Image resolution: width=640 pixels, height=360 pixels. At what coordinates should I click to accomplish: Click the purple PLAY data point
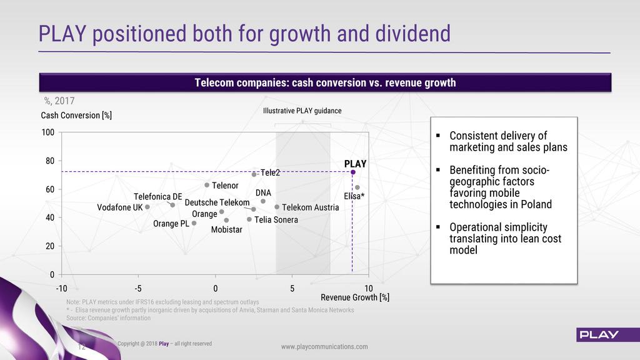tap(353, 172)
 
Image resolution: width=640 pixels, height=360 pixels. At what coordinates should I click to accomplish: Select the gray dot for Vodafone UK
tap(147, 207)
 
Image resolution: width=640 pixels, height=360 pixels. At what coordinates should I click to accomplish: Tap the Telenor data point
tap(207, 185)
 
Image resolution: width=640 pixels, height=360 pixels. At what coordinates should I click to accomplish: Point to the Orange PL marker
tap(194, 223)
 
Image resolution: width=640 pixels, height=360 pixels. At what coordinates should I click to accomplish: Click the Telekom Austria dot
tap(277, 207)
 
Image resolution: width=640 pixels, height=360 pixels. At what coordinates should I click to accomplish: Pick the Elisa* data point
tap(357, 187)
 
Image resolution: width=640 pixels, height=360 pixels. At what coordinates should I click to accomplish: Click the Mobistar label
tap(226, 230)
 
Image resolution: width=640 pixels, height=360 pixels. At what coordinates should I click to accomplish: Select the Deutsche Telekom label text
tap(217, 202)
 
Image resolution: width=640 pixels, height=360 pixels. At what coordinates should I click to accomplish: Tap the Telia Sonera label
tap(276, 219)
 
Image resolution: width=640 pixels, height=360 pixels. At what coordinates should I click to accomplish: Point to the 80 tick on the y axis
tap(50, 161)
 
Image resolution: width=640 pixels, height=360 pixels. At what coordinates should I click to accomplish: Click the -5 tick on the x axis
tap(138, 289)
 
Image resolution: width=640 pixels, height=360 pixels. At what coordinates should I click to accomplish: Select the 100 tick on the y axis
tap(47, 132)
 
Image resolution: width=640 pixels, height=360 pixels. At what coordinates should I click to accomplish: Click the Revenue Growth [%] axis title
tap(355, 297)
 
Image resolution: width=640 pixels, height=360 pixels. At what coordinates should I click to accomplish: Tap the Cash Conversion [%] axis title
tap(76, 116)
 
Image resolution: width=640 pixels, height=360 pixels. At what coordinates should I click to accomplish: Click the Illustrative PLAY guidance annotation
tap(302, 111)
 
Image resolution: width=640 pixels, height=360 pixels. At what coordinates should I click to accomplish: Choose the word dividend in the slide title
tap(412, 34)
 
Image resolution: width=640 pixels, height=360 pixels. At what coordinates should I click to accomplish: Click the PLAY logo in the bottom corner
tap(599, 335)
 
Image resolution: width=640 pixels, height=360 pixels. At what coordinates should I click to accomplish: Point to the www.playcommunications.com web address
tap(324, 346)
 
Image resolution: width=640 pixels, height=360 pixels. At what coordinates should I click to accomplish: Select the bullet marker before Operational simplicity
tap(438, 227)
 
